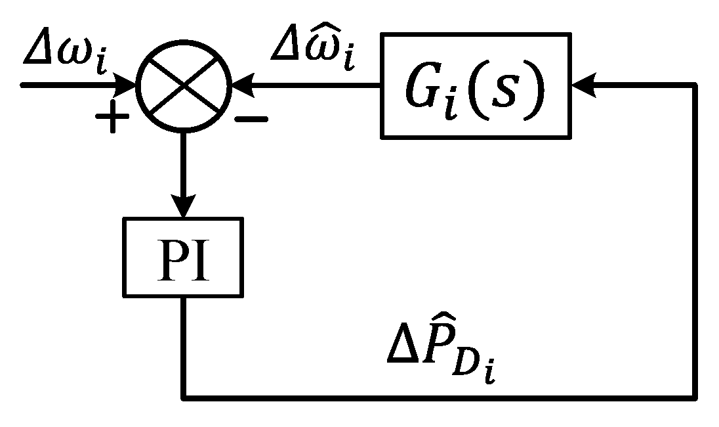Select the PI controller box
pyautogui.click(x=182, y=256)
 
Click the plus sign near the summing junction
pyautogui.click(x=112, y=120)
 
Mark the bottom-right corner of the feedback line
pyautogui.click(x=694, y=397)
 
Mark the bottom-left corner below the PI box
pyautogui.click(x=183, y=397)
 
